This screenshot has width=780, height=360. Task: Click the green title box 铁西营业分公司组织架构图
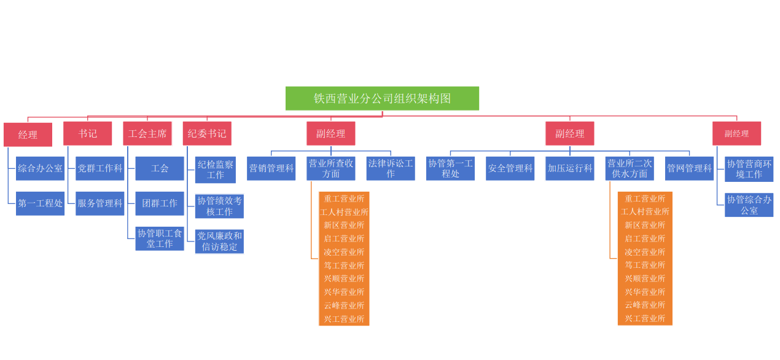point(382,98)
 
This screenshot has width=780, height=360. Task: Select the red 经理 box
point(28,135)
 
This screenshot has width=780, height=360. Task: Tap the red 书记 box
point(87,133)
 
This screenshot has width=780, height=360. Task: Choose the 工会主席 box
point(147,133)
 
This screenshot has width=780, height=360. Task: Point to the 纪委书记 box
point(207,133)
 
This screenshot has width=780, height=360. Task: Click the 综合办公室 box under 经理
point(40,168)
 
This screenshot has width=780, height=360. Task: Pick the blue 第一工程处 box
point(40,203)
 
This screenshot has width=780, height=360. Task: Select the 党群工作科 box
point(99,168)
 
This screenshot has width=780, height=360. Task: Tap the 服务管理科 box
point(99,203)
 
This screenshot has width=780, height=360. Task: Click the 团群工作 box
point(160,203)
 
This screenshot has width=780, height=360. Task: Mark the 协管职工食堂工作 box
point(160,238)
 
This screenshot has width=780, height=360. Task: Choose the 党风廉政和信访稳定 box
point(219,241)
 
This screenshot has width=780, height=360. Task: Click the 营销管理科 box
point(271,168)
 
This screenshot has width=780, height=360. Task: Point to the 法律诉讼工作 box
point(391,168)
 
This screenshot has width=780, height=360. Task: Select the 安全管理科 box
point(510,168)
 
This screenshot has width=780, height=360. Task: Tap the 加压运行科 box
point(570,168)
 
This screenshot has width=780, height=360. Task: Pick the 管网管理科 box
point(689,168)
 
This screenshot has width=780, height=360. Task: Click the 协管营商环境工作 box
point(749,169)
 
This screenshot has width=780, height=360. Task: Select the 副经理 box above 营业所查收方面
point(331,133)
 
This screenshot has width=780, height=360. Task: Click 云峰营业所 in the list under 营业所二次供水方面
point(645,305)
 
